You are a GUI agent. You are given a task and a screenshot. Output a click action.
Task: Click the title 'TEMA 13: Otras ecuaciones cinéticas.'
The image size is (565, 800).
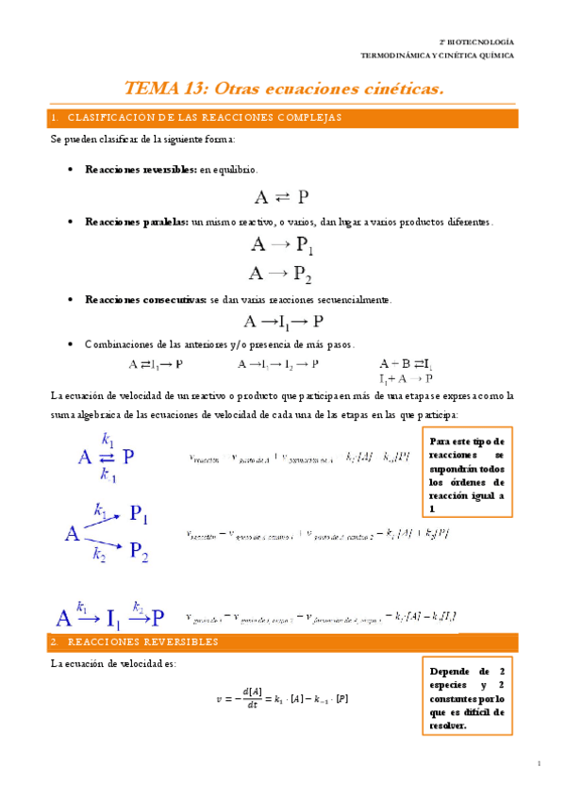(x=283, y=89)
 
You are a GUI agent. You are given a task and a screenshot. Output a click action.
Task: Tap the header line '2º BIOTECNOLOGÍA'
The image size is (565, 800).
(x=476, y=42)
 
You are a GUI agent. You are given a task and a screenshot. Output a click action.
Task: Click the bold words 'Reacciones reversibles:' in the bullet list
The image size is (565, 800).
(x=141, y=169)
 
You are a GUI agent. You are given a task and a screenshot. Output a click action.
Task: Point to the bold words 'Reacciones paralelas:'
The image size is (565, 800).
(x=136, y=221)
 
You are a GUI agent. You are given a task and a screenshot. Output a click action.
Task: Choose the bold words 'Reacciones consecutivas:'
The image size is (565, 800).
(x=144, y=299)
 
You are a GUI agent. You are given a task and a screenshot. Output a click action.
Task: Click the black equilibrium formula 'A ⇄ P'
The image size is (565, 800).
(x=281, y=196)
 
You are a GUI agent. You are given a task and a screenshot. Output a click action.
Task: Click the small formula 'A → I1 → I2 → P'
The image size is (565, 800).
(x=277, y=363)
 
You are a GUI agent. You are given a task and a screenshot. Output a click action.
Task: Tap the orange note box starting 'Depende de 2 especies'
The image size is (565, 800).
(x=466, y=694)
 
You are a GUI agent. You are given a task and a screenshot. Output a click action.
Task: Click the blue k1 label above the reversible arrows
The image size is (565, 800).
(x=107, y=439)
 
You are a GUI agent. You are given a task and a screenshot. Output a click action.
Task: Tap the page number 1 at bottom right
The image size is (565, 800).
(x=538, y=763)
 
